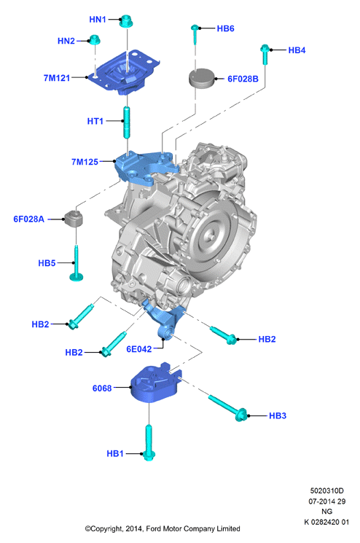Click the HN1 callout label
coord(97,20)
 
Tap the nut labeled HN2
coord(94,39)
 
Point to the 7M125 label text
coord(85,162)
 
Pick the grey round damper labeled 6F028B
coord(202,79)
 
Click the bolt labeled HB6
coord(195,34)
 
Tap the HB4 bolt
coord(265,54)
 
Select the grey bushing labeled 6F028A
coord(74,219)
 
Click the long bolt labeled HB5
coord(76,262)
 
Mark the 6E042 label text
coord(138,348)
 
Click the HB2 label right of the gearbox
coord(267,339)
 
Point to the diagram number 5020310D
coord(326,491)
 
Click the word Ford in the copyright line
coord(153,529)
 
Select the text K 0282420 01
coord(326,522)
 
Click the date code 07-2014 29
coord(326,501)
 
